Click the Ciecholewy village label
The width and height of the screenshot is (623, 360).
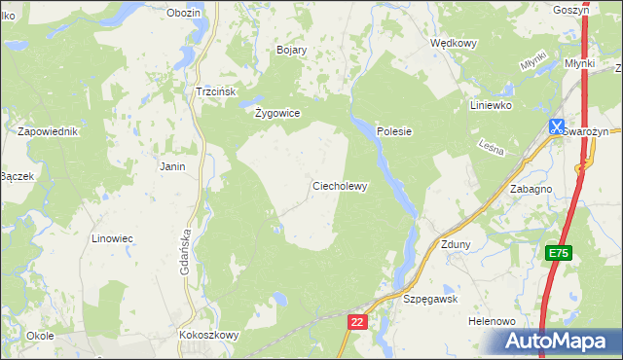pos(339,186)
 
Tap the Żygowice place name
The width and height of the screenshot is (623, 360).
pos(276,113)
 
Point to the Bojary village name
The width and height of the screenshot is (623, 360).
pos(292,50)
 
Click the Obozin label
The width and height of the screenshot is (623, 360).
pos(183,13)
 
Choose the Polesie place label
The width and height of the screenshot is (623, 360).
pos(395,131)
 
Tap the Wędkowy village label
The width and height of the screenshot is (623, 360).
pos(453,43)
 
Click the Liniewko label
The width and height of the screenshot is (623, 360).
pos(491,105)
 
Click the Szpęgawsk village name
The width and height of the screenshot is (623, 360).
pos(430,300)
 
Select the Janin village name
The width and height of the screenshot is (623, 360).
pos(172,166)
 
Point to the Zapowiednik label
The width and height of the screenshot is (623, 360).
pos(47,131)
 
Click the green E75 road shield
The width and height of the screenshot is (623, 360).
pos(558,253)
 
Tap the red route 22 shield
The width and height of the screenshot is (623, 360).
pos(358,321)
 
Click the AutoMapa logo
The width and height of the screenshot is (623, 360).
pos(559,342)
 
